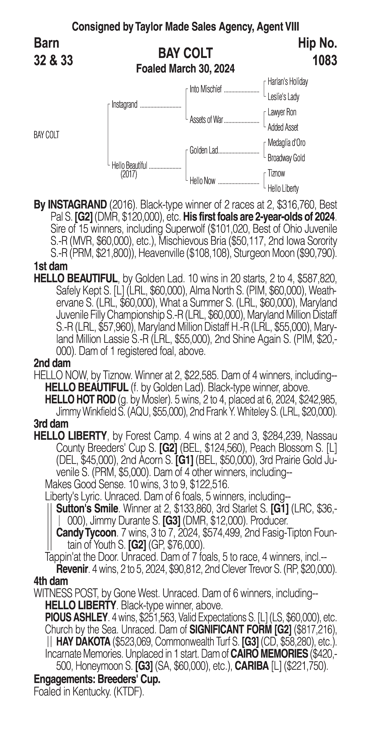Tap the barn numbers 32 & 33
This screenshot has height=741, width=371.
pyautogui.click(x=53, y=60)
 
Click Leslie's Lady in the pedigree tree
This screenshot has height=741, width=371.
pyautogui.click(x=283, y=97)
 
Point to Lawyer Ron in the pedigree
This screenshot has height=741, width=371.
pyautogui.click(x=282, y=112)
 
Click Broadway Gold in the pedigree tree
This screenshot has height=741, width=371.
pyautogui.click(x=286, y=158)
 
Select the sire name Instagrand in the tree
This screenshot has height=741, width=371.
pyautogui.click(x=125, y=104)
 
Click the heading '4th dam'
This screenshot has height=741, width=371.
pyautogui.click(x=51, y=581)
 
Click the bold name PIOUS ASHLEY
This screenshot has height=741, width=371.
pyautogui.click(x=76, y=617)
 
